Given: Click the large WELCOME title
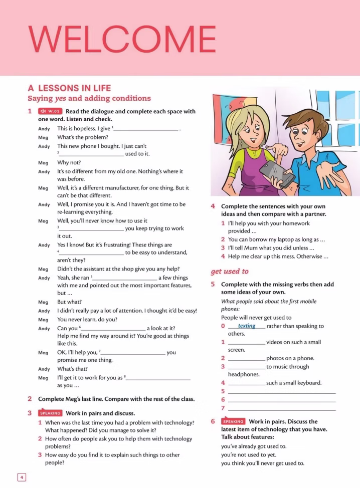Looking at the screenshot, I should [x=122, y=39].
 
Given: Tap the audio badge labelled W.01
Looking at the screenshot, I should [x=51, y=111].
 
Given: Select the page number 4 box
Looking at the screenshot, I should [x=22, y=477].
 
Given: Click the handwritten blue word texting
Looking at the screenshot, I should [x=247, y=326].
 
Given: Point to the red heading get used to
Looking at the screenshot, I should [x=229, y=271].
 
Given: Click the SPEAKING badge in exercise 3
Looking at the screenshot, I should [x=50, y=413].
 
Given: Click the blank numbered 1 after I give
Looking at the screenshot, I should [x=146, y=129].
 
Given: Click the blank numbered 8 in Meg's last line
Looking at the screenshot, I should [x=159, y=378].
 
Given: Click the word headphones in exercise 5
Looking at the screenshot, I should [x=244, y=374].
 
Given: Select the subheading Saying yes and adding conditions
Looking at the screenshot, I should [x=89, y=98].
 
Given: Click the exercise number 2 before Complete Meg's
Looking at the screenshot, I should [x=30, y=399].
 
